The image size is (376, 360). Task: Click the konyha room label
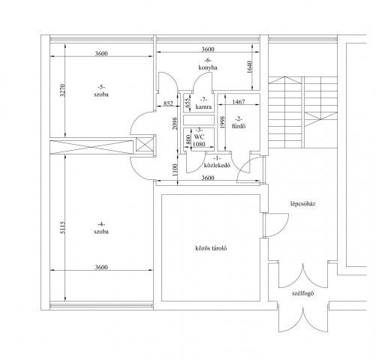click(x=208, y=67)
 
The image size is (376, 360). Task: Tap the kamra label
click(x=203, y=107)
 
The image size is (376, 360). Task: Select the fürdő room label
click(x=239, y=126)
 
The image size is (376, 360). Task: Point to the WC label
click(x=199, y=137)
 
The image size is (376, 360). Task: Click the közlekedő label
click(x=217, y=165)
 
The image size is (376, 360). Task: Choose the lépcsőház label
click(x=302, y=204)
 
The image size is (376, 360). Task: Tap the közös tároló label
click(x=211, y=248)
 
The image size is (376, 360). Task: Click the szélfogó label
click(x=302, y=293)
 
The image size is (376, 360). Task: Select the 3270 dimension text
click(x=62, y=90)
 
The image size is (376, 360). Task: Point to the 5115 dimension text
click(x=62, y=227)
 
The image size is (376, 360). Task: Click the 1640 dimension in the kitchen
click(x=249, y=67)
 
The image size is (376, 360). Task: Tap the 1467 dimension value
click(x=239, y=102)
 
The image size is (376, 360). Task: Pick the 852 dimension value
click(x=168, y=103)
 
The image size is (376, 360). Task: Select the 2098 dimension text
click(x=175, y=124)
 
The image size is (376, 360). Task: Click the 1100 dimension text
click(x=175, y=169)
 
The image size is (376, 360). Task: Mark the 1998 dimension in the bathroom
click(x=222, y=122)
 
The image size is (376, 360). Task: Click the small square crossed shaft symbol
click(x=144, y=145)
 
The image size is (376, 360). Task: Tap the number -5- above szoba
click(x=101, y=87)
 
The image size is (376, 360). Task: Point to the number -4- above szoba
click(x=101, y=224)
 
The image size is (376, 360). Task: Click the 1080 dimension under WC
click(x=199, y=144)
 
